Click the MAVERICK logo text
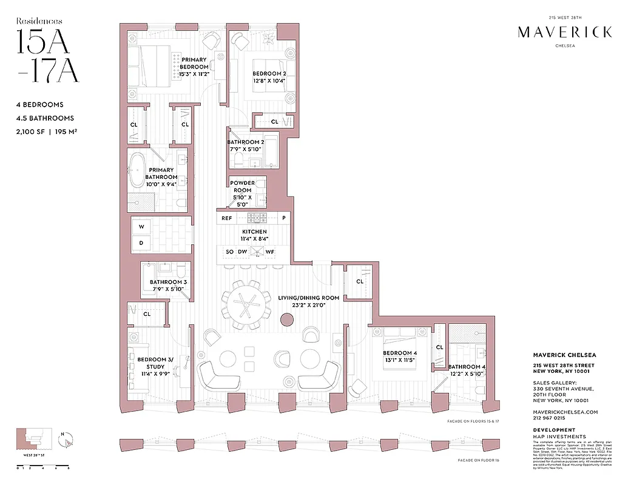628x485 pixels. coord(564,33)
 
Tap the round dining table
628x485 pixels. coord(246,305)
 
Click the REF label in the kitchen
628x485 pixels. coord(226,218)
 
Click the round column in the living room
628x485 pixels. coord(285,321)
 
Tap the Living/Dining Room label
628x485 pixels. coord(308,301)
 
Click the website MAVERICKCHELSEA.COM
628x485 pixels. coord(565,412)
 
